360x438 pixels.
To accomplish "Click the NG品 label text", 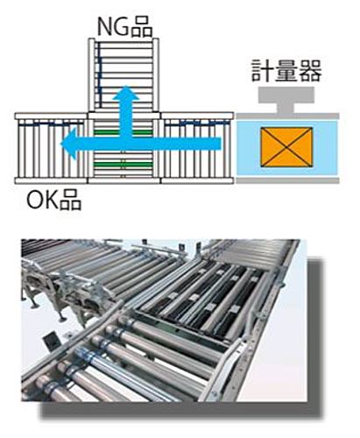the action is [x=124, y=27].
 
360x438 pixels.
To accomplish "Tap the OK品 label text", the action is [x=53, y=200].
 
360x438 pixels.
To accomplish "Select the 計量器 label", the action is [x=286, y=71].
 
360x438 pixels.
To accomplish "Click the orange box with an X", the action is [x=286, y=147].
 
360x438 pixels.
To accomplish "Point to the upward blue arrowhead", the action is [x=126, y=94].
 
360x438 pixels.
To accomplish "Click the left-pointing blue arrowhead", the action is [x=69, y=144].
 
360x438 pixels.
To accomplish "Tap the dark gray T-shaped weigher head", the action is [x=286, y=100].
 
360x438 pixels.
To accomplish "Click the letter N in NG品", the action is [x=104, y=27].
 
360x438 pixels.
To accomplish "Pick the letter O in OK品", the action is [x=35, y=200].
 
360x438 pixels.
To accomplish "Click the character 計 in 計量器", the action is [x=263, y=71].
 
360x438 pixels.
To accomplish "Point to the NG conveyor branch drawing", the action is [x=124, y=74].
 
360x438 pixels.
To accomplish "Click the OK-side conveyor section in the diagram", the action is [x=51, y=148].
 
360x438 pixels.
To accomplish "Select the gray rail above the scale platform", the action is [x=287, y=117].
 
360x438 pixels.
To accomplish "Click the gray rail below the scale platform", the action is [x=287, y=180].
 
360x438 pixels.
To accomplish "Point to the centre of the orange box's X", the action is [x=286, y=147].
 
